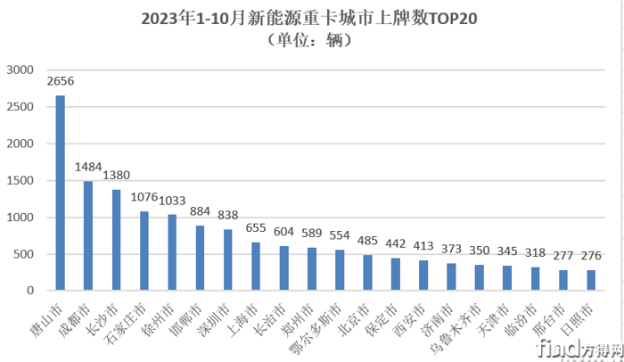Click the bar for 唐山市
pyautogui.click(x=61, y=193)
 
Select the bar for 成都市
pyautogui.click(x=88, y=236)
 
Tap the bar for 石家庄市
pyautogui.click(x=144, y=251)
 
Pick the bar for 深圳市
pyautogui.click(x=227, y=259)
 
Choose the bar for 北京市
pyautogui.click(x=367, y=273)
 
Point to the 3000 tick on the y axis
pyautogui.click(x=20, y=70)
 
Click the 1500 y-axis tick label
pyautogui.click(x=20, y=180)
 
